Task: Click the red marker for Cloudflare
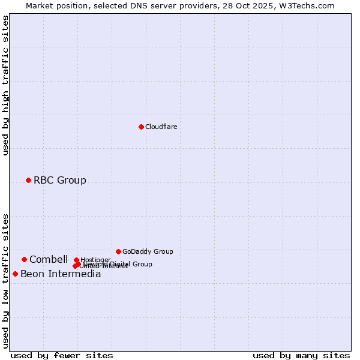click(141, 127)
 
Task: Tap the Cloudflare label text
click(161, 127)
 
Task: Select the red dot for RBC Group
click(28, 180)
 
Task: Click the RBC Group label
click(59, 180)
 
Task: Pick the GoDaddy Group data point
click(118, 251)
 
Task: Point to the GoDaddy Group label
click(148, 251)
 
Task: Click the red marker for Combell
click(25, 259)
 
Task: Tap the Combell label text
click(48, 259)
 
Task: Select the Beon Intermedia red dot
click(15, 274)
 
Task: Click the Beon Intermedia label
click(61, 274)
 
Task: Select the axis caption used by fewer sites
click(62, 355)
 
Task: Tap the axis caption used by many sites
click(301, 355)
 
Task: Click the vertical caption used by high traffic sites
click(5, 86)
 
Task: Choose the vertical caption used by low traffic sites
click(5, 280)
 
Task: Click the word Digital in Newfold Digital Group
click(118, 264)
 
